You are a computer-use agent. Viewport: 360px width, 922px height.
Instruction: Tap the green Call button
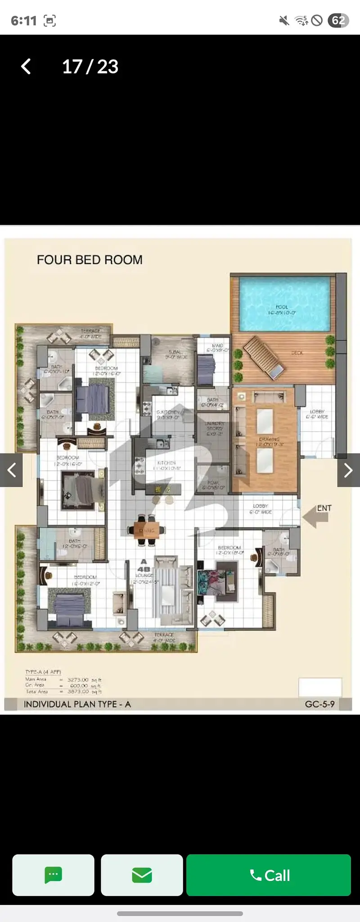click(x=269, y=875)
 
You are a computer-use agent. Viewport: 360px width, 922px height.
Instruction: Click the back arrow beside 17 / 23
click(x=26, y=67)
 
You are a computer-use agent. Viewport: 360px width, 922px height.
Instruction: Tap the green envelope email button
click(x=142, y=875)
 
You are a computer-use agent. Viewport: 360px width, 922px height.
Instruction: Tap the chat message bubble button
click(x=53, y=875)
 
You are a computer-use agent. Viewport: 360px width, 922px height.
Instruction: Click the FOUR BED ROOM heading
click(x=90, y=260)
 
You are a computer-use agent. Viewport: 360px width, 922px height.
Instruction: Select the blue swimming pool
click(x=284, y=303)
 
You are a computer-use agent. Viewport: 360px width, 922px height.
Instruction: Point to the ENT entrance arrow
click(x=317, y=515)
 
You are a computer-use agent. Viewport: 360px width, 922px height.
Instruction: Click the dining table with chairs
click(x=147, y=530)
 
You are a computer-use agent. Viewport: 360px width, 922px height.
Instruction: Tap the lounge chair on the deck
click(x=264, y=358)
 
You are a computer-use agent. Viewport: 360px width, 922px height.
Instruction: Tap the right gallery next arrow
click(x=348, y=470)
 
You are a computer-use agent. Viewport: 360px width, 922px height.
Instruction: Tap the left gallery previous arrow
click(x=11, y=470)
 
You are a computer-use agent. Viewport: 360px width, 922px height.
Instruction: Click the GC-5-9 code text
click(x=319, y=704)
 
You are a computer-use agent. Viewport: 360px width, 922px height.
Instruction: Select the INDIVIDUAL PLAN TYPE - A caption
click(x=77, y=704)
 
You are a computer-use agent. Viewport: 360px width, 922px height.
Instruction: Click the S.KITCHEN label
click(x=168, y=415)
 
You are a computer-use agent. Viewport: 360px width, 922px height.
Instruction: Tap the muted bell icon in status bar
click(x=284, y=20)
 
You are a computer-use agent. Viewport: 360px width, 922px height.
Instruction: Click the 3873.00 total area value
click(x=78, y=691)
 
